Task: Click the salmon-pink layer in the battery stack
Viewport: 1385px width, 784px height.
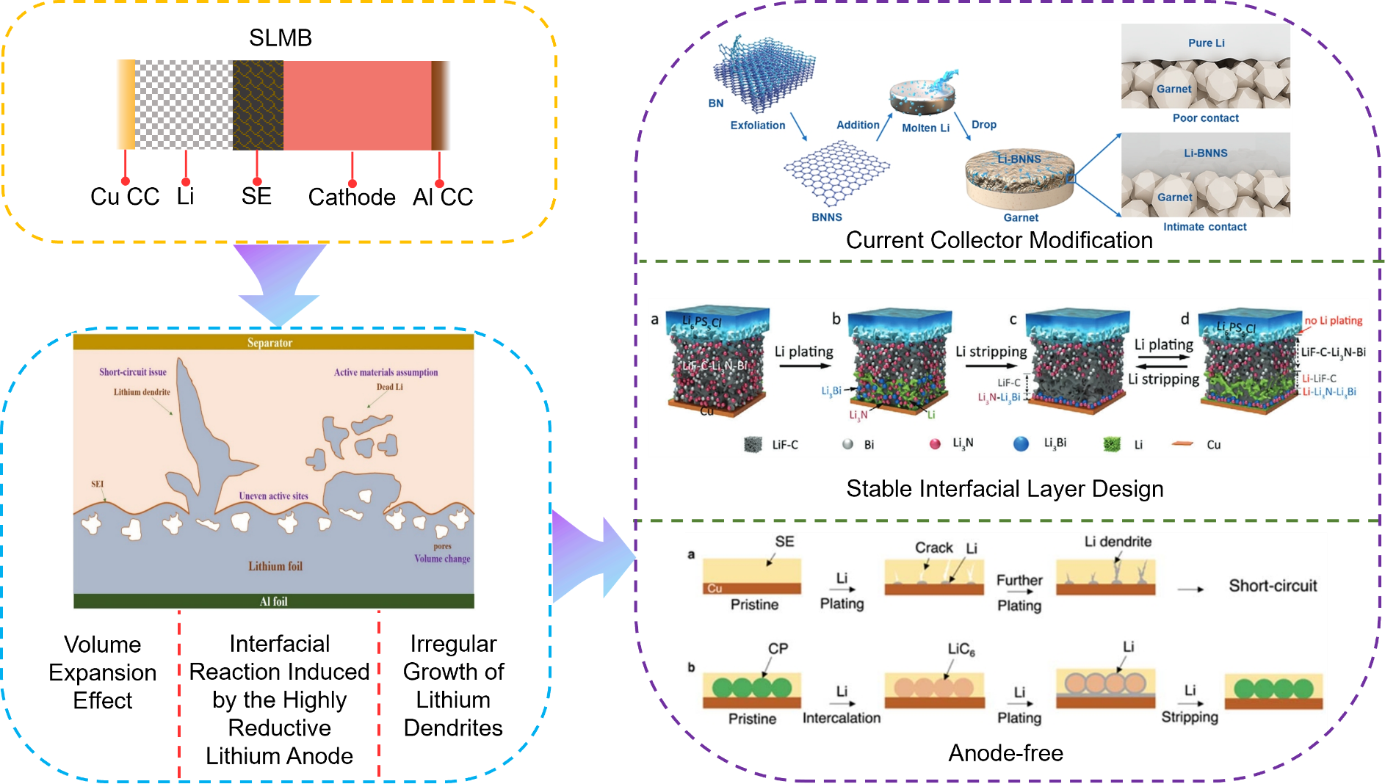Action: point(357,105)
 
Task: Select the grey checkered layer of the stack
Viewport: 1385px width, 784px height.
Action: point(184,105)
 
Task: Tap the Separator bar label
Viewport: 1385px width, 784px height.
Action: point(270,343)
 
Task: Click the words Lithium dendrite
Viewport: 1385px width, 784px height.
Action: point(142,392)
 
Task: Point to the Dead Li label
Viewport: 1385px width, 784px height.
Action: point(389,387)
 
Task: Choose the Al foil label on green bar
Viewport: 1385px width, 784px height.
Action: point(273,601)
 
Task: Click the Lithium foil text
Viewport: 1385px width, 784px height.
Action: point(275,566)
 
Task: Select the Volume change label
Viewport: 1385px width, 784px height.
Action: point(442,559)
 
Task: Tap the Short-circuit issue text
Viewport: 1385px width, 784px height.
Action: point(133,372)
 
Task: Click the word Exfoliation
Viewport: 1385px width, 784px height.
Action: point(758,126)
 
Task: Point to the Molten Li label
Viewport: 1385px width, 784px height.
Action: point(925,128)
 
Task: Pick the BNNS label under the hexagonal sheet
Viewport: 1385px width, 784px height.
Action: point(827,217)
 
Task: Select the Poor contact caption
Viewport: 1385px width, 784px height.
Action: point(1205,118)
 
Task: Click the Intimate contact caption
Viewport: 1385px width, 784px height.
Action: point(1204,227)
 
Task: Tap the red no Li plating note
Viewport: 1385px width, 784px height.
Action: point(1333,321)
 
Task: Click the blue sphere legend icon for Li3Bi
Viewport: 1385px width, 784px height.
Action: point(1021,443)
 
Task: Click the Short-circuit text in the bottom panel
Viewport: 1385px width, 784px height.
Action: point(1273,586)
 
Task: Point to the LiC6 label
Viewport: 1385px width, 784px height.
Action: point(961,650)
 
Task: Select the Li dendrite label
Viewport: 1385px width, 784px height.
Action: point(1118,542)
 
